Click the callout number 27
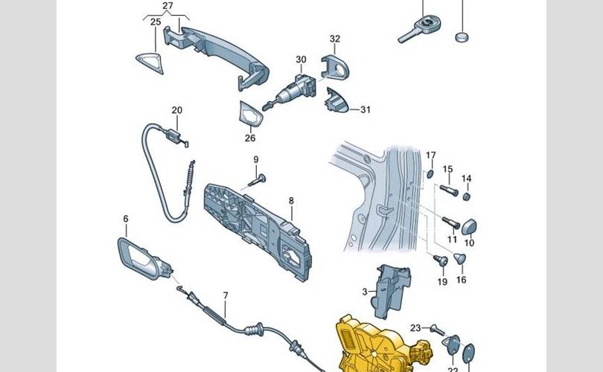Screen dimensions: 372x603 pos(167,6)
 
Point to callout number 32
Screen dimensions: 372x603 pos(335,39)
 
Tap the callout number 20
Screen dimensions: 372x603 pos(176,111)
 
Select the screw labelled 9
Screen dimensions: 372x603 pos(260,178)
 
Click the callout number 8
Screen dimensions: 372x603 pos(291,200)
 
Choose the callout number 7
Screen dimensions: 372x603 pos(226,295)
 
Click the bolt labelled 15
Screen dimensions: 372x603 pos(446,187)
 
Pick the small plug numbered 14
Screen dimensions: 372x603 pos(466,197)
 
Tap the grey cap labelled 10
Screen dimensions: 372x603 pos(471,225)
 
